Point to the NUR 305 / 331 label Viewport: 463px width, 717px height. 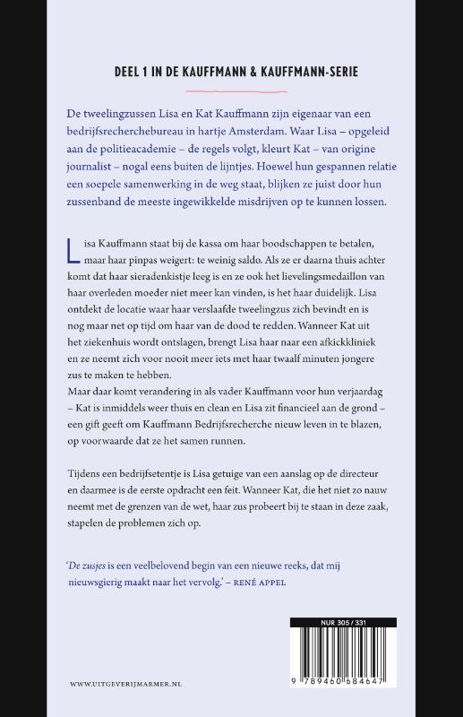[343, 622]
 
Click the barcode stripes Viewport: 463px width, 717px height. [343, 654]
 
